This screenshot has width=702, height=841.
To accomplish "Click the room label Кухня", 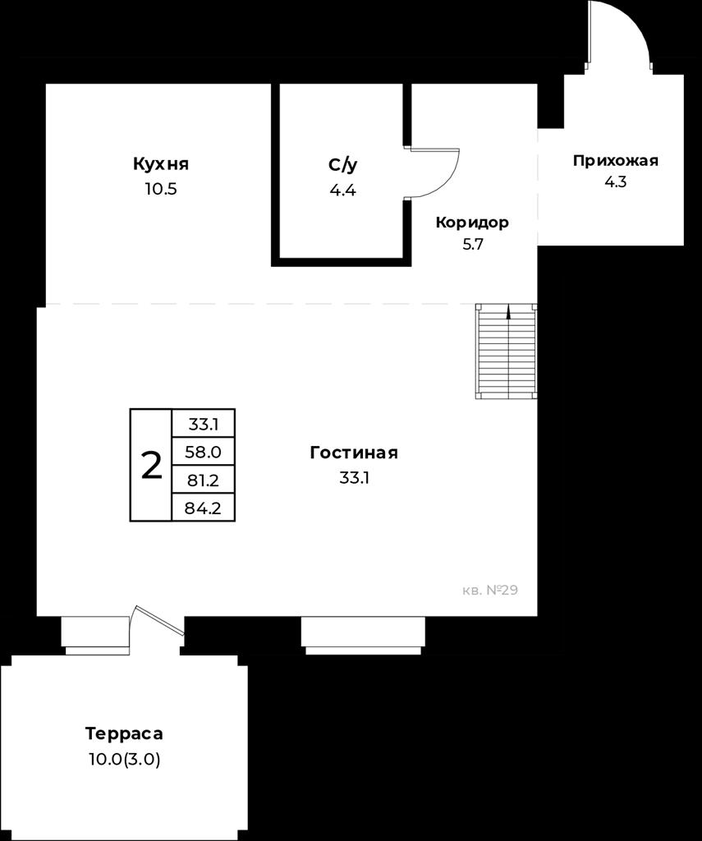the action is (x=161, y=163).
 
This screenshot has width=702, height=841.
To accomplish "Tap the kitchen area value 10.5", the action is (x=161, y=190).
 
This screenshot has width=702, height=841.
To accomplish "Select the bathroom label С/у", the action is (x=342, y=165).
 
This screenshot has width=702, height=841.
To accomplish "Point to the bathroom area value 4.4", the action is (x=342, y=191).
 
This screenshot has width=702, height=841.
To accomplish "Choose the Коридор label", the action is (x=472, y=222).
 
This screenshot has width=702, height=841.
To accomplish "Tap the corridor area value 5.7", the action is (x=473, y=245).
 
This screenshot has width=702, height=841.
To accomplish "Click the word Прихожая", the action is (x=616, y=160).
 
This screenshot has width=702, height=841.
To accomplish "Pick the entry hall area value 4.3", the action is (x=616, y=182).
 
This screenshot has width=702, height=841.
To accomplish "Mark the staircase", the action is (x=507, y=352).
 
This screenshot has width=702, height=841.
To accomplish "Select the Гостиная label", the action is (x=354, y=453).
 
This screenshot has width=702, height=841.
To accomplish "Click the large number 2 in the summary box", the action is (x=151, y=465).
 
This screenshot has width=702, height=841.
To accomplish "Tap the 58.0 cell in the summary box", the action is (x=204, y=453).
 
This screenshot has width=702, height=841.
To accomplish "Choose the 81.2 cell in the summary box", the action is (x=204, y=480).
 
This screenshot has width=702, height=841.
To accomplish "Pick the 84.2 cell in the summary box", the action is (x=204, y=508).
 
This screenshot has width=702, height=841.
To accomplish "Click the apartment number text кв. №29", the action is (x=490, y=591).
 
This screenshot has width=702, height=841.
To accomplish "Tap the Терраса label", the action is (x=124, y=733).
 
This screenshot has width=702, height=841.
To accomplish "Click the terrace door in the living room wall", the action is (x=158, y=621).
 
